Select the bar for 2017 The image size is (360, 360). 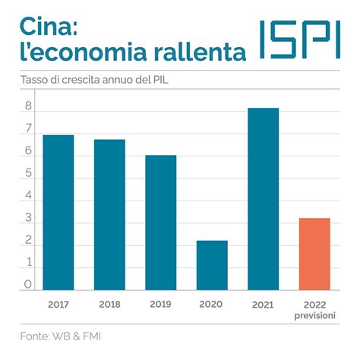tap(58, 213)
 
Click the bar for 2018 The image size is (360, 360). tap(109, 215)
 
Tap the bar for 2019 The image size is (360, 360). tap(161, 223)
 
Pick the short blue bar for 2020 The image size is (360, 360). tap(212, 265)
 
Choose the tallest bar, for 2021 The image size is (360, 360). tap(263, 199)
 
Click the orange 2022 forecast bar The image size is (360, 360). tap(314, 254)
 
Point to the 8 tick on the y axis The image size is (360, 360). tap(27, 108)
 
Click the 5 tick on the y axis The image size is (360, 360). tap(27, 174)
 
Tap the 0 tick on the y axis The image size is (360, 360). tap(27, 285)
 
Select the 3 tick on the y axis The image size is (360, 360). tap(27, 219)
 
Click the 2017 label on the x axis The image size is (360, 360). tap(58, 304)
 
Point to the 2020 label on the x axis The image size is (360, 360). tap(212, 304)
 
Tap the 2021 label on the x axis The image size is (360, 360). tap(263, 304)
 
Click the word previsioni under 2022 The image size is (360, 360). tap(314, 314)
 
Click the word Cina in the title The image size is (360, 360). tap(46, 26)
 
